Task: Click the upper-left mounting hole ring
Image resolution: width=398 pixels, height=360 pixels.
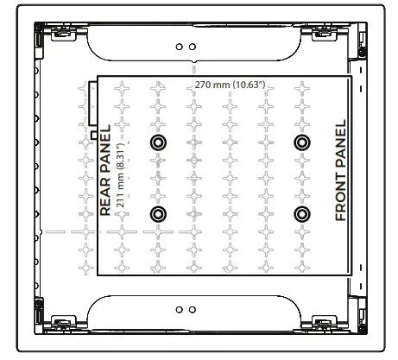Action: pos(157,142)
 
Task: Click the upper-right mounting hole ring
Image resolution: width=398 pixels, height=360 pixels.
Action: pos(301,142)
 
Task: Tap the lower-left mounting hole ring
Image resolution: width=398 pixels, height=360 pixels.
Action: pos(157,213)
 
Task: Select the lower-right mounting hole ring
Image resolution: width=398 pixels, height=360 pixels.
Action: pos(301,213)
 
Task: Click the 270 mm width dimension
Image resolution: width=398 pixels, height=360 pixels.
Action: pos(211,85)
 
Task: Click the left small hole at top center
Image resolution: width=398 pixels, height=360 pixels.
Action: pos(179,47)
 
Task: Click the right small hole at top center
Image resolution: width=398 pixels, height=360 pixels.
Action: pos(192,47)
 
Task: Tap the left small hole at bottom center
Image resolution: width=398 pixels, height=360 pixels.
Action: pos(179,308)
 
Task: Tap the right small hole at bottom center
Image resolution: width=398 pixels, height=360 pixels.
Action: pos(192,308)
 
